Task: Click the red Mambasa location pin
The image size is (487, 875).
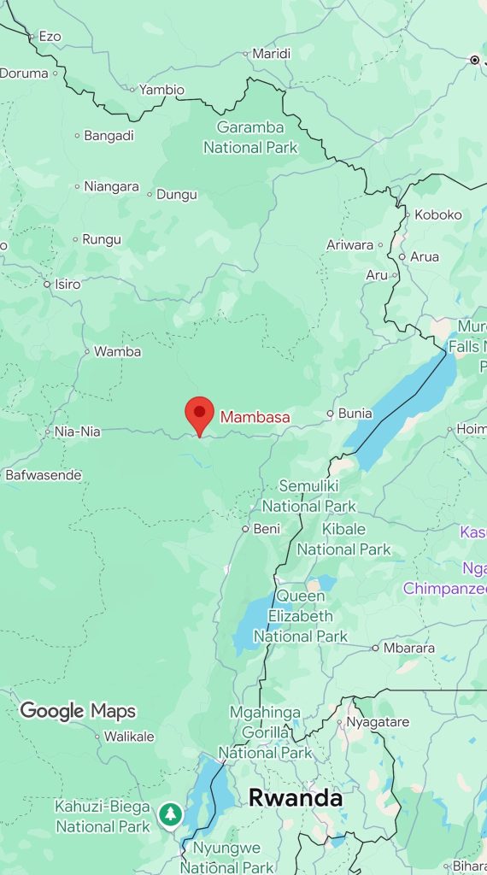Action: [199, 414]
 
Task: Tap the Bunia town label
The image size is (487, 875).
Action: [355, 414]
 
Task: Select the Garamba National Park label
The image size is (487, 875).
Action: [250, 138]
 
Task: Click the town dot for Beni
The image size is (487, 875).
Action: [245, 529]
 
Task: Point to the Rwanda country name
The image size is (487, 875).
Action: [295, 798]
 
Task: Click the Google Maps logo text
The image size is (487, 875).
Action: [77, 710]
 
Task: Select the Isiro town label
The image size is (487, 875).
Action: [67, 284]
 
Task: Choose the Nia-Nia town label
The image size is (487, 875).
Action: [77, 432]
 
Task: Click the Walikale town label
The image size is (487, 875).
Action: [129, 736]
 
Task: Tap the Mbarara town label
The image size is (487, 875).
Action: [408, 648]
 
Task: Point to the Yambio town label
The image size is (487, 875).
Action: [161, 90]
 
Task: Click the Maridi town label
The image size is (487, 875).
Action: [272, 54]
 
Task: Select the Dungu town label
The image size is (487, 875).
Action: [177, 194]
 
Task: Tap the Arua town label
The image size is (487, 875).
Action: [425, 256]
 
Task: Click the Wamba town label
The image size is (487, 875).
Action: [117, 351]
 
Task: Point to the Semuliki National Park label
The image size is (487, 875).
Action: [308, 496]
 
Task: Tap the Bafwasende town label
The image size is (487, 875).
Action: [44, 474]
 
